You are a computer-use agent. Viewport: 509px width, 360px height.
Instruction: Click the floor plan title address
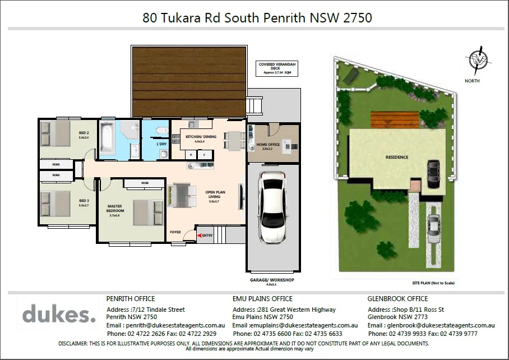[257, 18]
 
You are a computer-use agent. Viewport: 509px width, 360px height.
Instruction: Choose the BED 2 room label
[85, 135]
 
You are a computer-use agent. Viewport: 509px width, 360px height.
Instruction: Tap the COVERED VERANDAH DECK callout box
[275, 68]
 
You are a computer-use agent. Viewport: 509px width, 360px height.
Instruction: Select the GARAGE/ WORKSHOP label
[272, 280]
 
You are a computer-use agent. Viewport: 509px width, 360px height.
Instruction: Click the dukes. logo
[59, 315]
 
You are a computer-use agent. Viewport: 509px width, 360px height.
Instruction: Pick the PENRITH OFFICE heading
[131, 299]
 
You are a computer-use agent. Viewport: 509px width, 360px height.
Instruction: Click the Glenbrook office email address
[431, 325]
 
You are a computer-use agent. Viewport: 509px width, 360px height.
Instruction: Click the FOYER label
[175, 232]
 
